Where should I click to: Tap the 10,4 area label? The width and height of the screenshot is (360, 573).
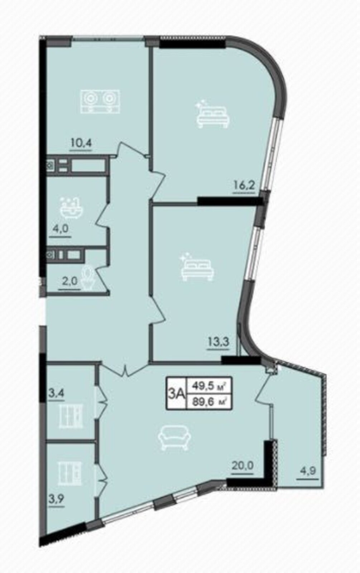(80, 143)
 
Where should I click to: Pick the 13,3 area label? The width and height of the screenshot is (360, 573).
(218, 342)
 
